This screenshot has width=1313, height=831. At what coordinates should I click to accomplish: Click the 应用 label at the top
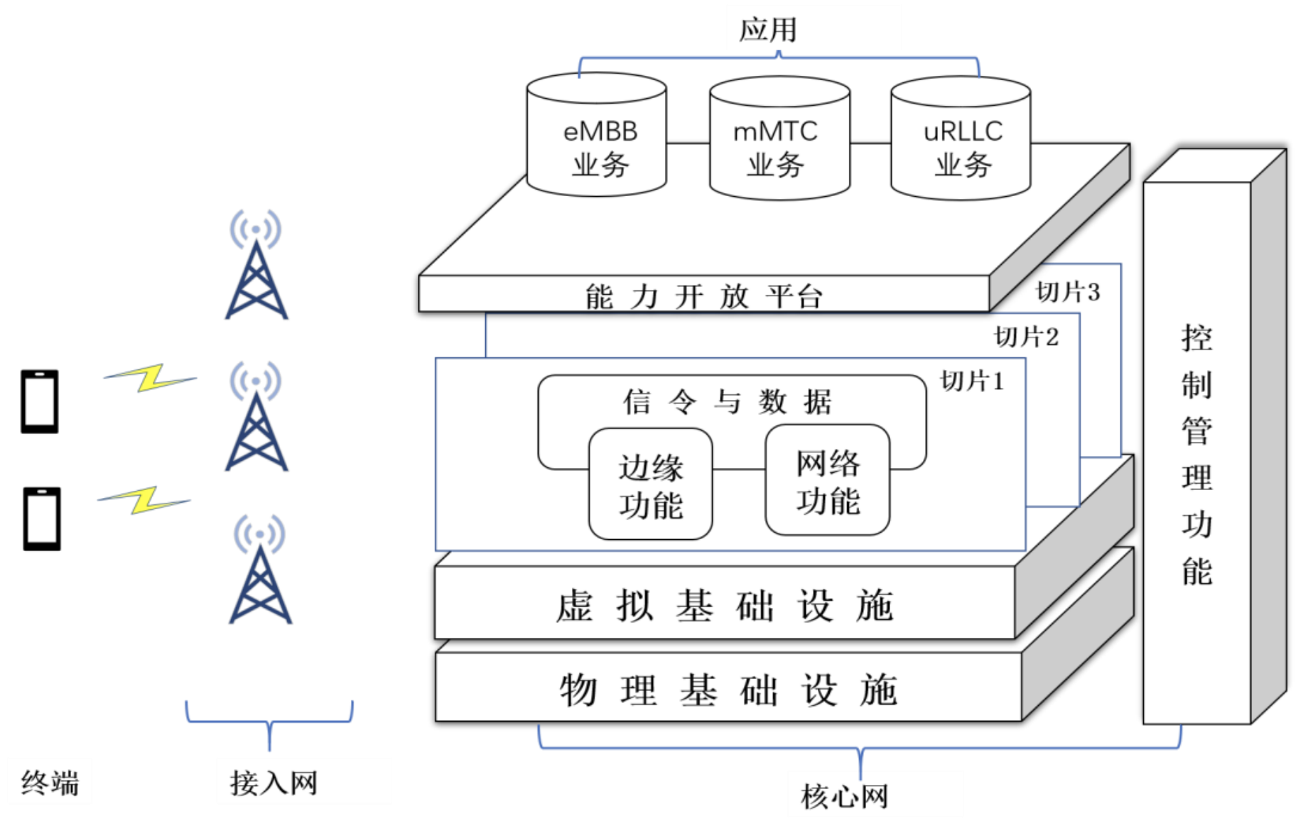tap(768, 30)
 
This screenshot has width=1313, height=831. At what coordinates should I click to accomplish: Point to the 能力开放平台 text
tap(703, 296)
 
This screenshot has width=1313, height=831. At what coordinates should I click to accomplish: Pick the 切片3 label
tap(1068, 292)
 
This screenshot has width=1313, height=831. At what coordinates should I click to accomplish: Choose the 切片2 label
tap(1026, 337)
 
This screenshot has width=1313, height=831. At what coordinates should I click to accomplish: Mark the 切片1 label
tap(972, 381)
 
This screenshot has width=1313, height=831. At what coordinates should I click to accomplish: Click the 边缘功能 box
tap(650, 485)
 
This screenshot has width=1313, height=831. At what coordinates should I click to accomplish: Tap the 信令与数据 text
tap(728, 402)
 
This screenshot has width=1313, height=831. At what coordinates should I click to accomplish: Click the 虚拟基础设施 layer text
tap(724, 606)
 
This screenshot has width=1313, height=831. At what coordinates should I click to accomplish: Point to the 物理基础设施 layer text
tap(728, 690)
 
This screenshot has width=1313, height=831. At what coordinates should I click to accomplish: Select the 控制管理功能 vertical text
tap(1196, 455)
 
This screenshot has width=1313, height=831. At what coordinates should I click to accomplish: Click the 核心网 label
tap(844, 796)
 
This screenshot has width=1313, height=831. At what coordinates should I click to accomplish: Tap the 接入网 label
tap(273, 783)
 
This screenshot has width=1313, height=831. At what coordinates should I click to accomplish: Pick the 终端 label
tap(50, 783)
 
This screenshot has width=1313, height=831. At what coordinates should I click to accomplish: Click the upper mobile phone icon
tap(40, 401)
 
